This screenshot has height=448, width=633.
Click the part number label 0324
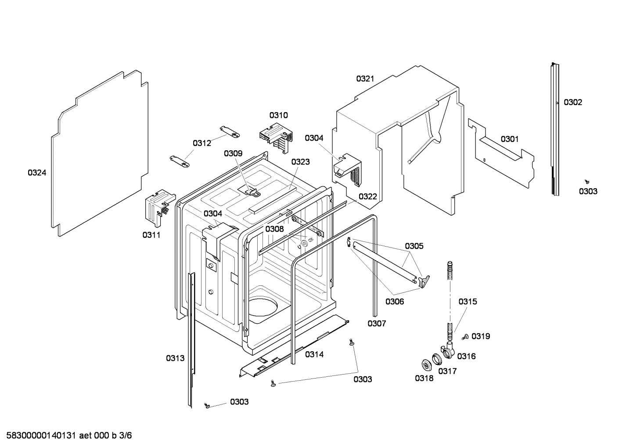37,173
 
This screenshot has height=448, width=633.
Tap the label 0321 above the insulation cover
365,79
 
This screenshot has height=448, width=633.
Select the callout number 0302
573,102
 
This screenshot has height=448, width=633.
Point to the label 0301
510,139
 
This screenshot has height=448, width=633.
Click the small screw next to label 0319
465,337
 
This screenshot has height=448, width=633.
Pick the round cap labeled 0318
425,364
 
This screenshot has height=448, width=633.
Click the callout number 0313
175,358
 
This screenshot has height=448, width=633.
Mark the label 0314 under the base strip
314,354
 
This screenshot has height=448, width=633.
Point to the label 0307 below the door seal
377,324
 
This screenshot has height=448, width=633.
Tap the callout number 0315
468,302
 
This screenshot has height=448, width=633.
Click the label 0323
300,162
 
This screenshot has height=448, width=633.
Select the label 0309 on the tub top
233,153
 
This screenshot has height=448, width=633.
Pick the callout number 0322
368,197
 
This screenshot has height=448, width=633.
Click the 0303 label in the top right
588,191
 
